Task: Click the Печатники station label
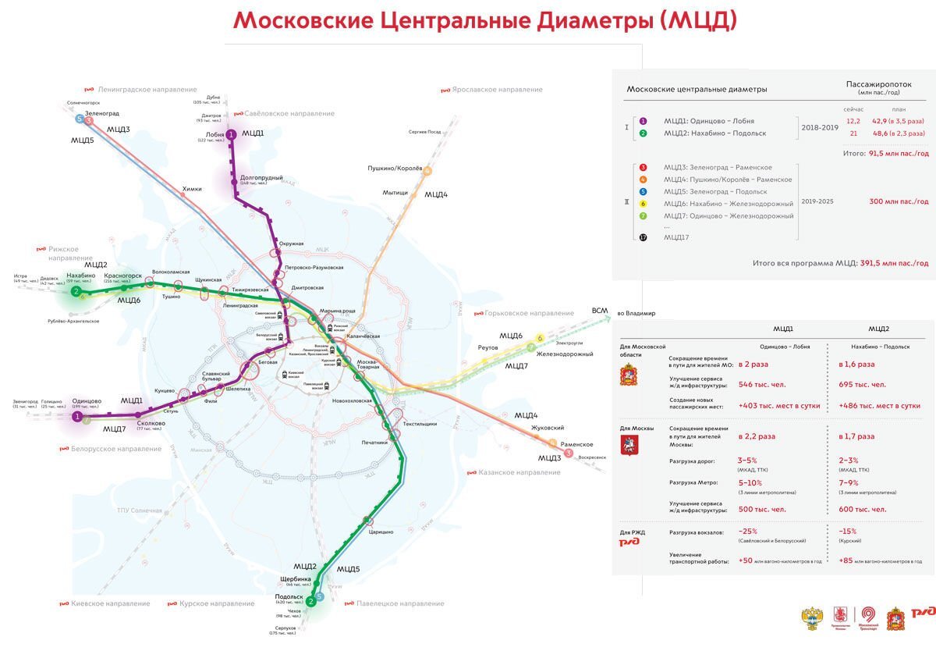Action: [x=374, y=443]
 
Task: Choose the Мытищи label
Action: [x=395, y=193]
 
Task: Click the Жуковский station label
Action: [x=547, y=428]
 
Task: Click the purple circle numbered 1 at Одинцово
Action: [x=77, y=417]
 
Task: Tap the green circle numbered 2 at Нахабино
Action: [x=76, y=292]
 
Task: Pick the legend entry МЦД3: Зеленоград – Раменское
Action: [x=718, y=167]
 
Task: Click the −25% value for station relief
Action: [x=749, y=532]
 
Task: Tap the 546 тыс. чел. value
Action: [x=761, y=384]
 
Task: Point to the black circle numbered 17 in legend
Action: [x=643, y=237]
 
